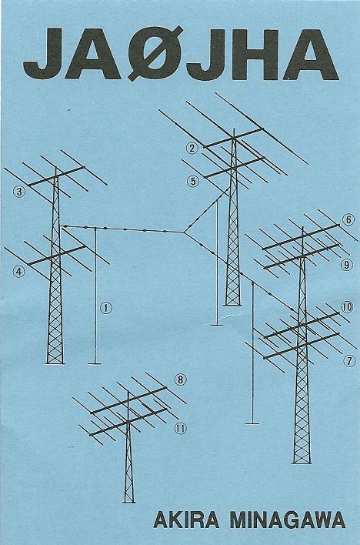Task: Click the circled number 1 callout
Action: [x=106, y=308]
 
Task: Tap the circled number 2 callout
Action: [x=192, y=149]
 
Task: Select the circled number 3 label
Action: [x=19, y=191]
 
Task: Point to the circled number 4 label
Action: [x=19, y=272]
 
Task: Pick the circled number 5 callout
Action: [x=193, y=181]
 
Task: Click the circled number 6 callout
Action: [x=348, y=219]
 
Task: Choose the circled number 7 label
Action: [x=349, y=361]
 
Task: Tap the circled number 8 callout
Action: [x=180, y=379]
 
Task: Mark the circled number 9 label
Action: [x=346, y=266]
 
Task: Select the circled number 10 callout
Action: [x=347, y=307]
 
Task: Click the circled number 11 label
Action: [x=180, y=429]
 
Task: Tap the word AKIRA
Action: [x=186, y=520]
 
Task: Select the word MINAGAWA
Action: [x=288, y=520]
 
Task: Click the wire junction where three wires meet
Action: [x=184, y=232]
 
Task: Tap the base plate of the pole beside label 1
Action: [x=95, y=364]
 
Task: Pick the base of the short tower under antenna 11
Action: [x=129, y=502]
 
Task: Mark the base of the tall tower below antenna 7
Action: [x=302, y=463]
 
